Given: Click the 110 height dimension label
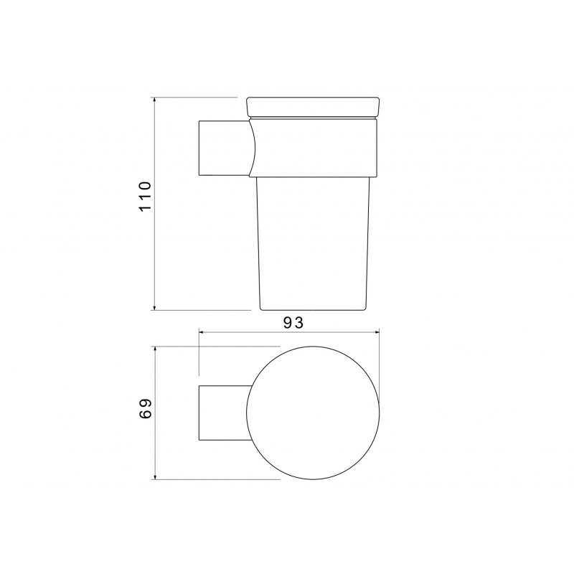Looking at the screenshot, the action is pos(145,196).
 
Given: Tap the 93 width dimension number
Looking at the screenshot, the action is pos(293,322).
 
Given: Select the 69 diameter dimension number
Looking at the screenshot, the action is pos(145,408).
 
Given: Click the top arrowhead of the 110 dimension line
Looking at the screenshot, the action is pos(155,100).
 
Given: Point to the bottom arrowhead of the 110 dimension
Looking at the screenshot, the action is pos(155,307).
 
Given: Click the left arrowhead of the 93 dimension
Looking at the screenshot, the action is pos(202,332).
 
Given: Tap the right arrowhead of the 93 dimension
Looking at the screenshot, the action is pos(375,332).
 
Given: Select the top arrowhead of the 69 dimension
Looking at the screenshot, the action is pos(155,349).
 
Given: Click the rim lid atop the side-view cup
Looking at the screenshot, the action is pos(314,107).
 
